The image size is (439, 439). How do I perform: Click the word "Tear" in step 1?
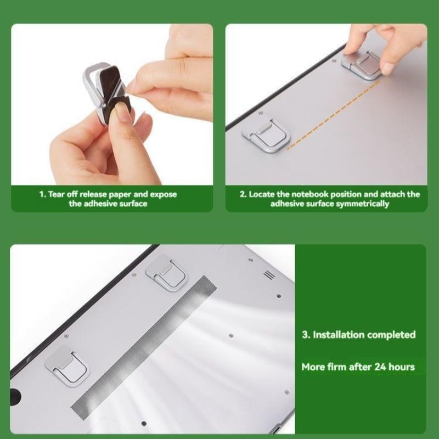[58, 194]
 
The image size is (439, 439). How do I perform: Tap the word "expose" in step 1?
[164, 194]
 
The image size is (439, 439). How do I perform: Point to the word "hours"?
[402, 367]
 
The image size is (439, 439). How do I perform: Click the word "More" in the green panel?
[313, 367]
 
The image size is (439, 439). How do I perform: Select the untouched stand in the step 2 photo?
[261, 134]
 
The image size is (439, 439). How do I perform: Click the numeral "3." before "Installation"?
[306, 334]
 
